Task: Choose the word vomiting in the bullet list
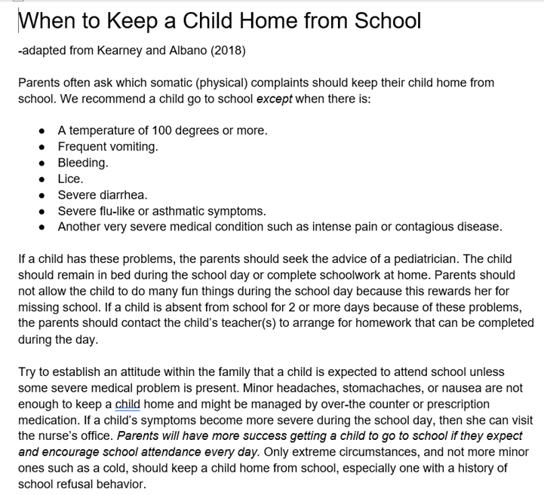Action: click(x=134, y=147)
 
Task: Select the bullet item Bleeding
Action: click(x=82, y=163)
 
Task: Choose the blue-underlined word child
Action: click(x=128, y=404)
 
